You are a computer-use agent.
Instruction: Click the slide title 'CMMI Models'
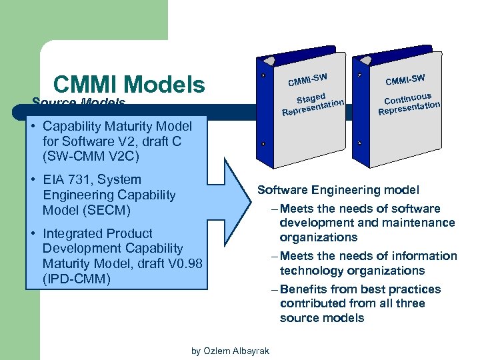pyautogui.click(x=129, y=85)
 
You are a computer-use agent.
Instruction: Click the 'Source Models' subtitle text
pyautogui.click(x=79, y=103)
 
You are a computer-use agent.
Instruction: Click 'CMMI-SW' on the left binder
pyautogui.click(x=307, y=79)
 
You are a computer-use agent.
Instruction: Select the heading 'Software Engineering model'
pyautogui.click(x=338, y=190)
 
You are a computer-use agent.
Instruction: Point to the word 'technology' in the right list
pyautogui.click(x=309, y=271)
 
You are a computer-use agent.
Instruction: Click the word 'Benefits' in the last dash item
pyautogui.click(x=305, y=289)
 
